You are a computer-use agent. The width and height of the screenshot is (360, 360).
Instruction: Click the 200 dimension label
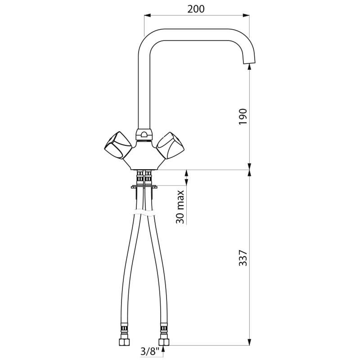point(196,9)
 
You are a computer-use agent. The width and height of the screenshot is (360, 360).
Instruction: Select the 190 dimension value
point(243,117)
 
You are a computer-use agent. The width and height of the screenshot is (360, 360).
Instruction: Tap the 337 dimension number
point(243,258)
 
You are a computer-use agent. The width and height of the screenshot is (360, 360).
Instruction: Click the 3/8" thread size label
point(150,351)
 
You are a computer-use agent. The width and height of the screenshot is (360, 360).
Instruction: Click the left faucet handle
point(118,145)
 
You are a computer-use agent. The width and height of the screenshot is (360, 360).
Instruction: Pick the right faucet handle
point(170,145)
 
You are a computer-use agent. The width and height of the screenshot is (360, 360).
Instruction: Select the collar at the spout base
point(144,135)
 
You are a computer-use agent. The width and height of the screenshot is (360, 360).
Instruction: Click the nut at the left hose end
point(125,343)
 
